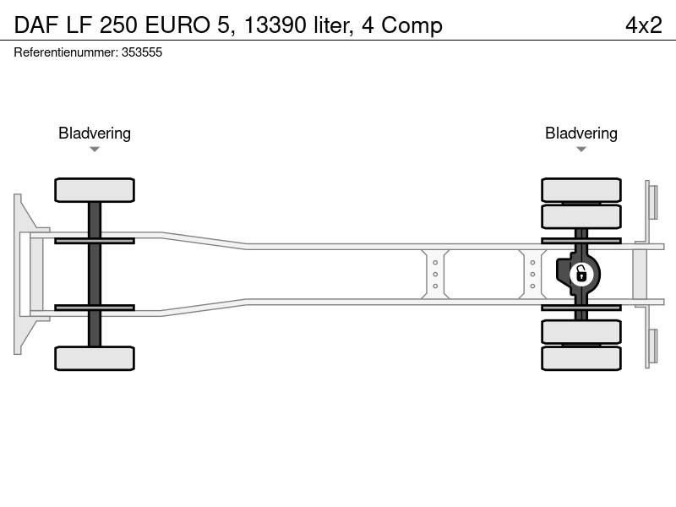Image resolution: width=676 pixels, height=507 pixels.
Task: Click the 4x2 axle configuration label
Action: (x=643, y=25)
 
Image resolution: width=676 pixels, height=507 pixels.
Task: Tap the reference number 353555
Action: (x=142, y=52)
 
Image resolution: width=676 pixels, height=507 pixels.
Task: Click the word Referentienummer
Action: (x=66, y=52)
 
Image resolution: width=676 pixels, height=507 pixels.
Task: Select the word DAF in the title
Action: (x=36, y=25)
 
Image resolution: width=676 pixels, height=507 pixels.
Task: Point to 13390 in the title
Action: (x=275, y=25)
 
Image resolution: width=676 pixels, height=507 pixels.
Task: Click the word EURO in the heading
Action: (x=177, y=25)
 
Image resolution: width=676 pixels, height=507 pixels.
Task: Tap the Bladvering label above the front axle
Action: (x=95, y=134)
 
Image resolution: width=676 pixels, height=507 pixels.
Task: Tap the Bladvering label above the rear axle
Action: (x=581, y=134)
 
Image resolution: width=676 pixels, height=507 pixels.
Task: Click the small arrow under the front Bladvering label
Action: (x=95, y=150)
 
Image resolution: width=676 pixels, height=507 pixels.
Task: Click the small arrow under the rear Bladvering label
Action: (x=581, y=150)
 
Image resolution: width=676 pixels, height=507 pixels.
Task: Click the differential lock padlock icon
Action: (x=581, y=274)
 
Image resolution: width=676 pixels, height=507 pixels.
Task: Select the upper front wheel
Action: (x=95, y=190)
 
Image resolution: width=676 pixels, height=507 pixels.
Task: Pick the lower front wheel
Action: (x=95, y=358)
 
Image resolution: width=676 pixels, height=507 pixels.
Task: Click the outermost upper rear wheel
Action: (x=581, y=190)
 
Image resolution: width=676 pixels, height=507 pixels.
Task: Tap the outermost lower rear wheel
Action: (x=581, y=358)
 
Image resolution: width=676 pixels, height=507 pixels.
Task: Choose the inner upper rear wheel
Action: (x=581, y=216)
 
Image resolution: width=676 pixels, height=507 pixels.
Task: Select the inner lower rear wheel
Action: (x=581, y=331)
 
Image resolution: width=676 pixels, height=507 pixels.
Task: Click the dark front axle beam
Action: (x=95, y=274)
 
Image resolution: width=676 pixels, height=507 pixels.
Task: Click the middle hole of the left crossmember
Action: (x=435, y=274)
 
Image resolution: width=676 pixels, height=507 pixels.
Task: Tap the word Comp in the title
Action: (x=412, y=26)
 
